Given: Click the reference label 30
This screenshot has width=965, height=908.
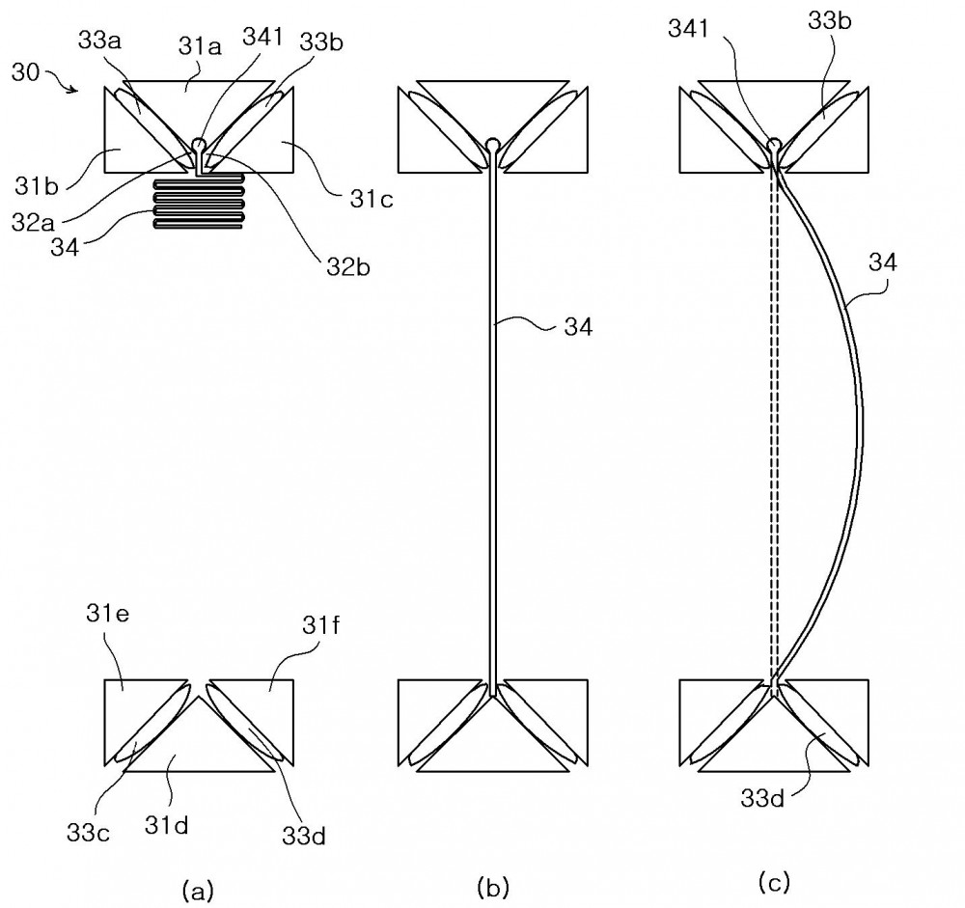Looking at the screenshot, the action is [25, 72].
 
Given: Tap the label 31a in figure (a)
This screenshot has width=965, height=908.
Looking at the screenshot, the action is [200, 46].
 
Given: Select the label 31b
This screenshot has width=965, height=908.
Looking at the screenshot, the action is [37, 185].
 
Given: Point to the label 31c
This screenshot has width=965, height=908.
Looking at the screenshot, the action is [372, 199].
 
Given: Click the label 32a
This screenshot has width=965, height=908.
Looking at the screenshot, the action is [33, 222].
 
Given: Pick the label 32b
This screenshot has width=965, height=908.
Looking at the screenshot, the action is [348, 267].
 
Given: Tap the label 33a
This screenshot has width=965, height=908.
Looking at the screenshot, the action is [99, 41].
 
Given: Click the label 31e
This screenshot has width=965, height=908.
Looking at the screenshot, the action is [108, 615].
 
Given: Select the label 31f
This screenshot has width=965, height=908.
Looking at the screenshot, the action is [320, 625].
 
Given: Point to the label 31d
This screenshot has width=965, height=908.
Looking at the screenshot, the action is [166, 825].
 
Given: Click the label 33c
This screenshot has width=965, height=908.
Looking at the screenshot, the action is [89, 833].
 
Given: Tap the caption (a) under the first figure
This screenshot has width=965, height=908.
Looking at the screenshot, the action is [198, 890].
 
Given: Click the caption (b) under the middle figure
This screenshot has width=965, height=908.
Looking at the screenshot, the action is [493, 887].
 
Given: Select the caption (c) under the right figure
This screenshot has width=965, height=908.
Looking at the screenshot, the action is [774, 883].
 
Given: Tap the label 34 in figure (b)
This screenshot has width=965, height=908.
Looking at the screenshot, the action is [578, 327].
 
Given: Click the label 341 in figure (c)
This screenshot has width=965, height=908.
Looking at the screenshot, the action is [689, 28].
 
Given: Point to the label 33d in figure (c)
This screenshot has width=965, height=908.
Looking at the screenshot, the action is [762, 798].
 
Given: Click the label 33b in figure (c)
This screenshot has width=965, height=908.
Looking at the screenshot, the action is [830, 21].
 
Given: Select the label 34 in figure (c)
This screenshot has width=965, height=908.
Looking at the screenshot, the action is [883, 262].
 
